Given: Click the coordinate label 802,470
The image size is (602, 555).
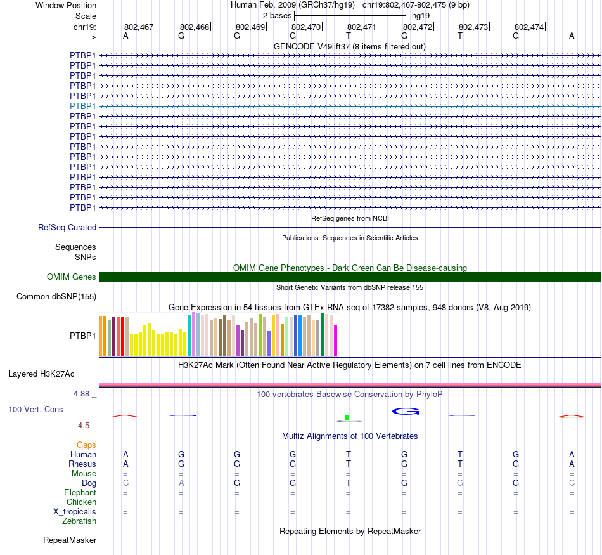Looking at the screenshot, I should point(305,27).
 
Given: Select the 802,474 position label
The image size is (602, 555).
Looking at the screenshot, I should point(528,27).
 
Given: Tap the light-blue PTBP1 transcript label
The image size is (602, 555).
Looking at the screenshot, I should point(82,106).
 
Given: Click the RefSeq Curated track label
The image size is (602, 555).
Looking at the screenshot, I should point(67,227).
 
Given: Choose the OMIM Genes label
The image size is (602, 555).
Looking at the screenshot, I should point(72,277).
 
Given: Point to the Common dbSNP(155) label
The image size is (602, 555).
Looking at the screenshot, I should point(56,296).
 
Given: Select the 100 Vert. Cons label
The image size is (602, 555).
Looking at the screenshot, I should point(35,409).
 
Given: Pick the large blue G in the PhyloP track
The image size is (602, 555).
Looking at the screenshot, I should point(406,411).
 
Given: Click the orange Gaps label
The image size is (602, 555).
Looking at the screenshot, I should point(86,445).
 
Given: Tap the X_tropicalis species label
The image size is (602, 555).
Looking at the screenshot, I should point(75,511).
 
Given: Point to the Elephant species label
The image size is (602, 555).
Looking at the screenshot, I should point(80,492).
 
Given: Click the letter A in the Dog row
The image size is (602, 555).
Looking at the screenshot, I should point(181,483).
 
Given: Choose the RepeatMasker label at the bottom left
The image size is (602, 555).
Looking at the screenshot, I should point(70,540).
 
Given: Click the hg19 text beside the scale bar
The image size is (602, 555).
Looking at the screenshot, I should point(420,15).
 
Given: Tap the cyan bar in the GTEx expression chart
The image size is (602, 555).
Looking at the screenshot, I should point(189,336).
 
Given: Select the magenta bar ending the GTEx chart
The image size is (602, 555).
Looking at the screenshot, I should point(336,341).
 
